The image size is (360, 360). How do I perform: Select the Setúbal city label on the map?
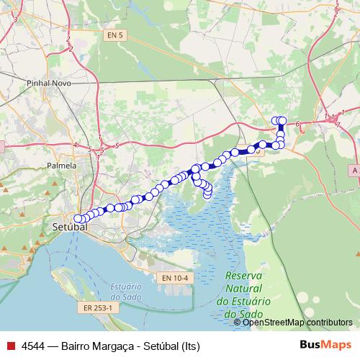(70, 227)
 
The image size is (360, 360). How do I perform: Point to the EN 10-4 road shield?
(174, 278)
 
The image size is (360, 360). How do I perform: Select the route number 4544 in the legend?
(33, 345)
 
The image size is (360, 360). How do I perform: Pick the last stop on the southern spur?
(208, 192)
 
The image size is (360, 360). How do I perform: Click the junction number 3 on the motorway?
(16, 19)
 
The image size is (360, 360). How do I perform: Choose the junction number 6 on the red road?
(297, 125)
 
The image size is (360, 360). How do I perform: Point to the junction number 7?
(338, 125)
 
